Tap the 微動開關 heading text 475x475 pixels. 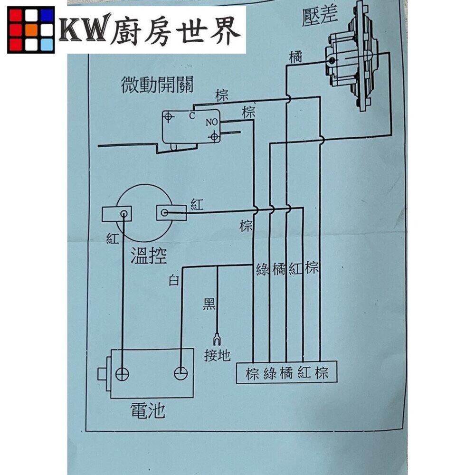157,86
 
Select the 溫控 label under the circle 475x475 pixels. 148,256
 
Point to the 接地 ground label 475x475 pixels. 217,355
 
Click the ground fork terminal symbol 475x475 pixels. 217,339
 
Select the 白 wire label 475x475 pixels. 174,280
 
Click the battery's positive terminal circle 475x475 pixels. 123,373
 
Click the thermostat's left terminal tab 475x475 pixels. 116,214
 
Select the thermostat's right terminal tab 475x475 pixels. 171,213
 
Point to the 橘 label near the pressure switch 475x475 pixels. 297,57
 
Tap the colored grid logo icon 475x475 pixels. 31,29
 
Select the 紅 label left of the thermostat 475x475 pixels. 112,239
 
